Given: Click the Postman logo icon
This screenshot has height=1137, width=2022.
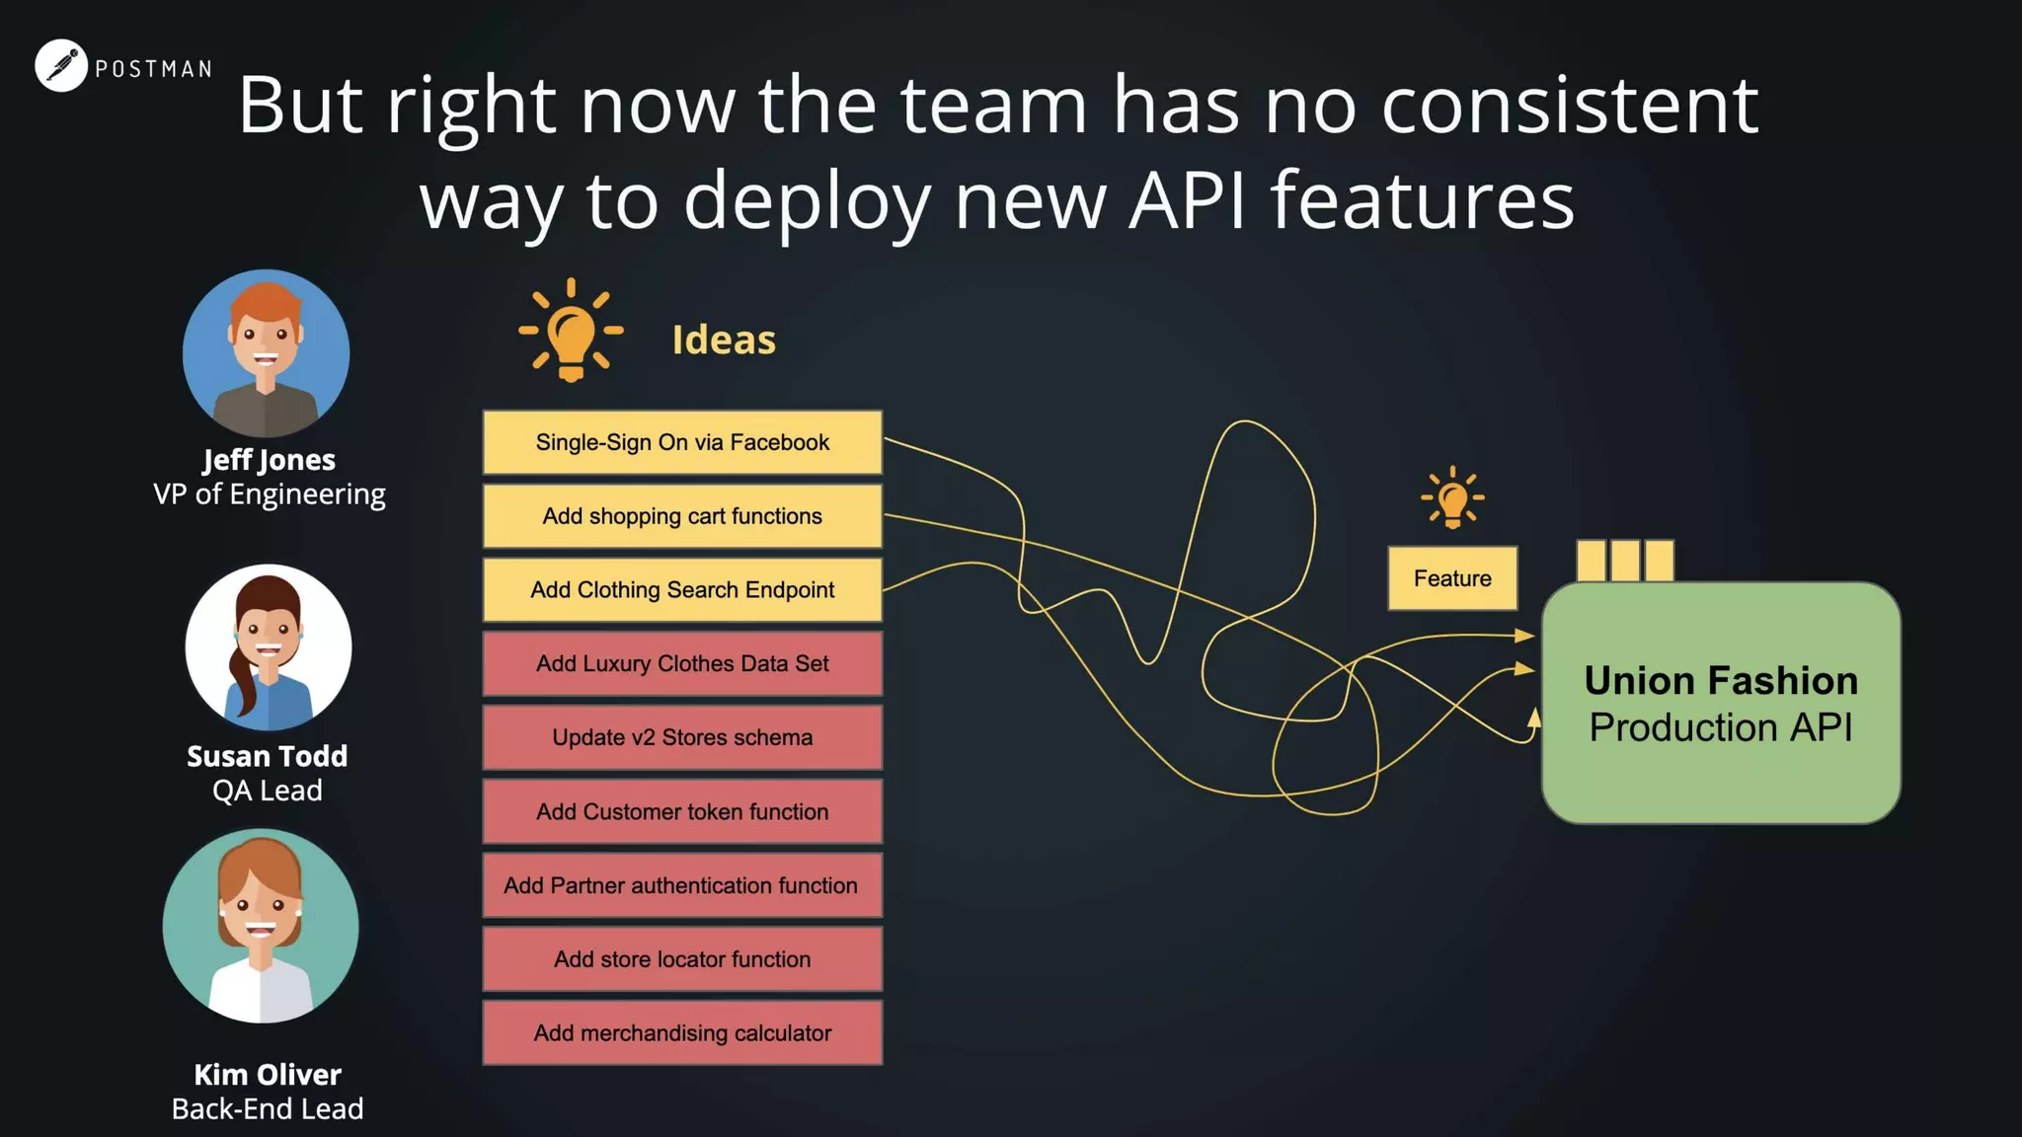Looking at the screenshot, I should point(61,66).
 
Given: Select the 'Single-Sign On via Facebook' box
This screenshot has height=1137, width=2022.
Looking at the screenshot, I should point(682,442).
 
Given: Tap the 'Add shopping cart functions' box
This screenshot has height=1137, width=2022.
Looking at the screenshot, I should point(682,516).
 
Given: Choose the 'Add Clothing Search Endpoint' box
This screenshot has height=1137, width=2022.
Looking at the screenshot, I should point(682,590).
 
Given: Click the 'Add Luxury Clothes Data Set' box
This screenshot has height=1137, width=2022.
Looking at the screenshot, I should point(682,664).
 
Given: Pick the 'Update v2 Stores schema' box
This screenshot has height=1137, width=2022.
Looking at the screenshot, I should point(682,737).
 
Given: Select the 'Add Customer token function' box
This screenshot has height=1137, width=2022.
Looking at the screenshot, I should point(682,811).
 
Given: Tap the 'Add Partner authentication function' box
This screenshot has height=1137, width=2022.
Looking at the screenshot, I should point(682,885).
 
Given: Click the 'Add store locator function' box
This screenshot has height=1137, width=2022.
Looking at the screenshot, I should point(682,959).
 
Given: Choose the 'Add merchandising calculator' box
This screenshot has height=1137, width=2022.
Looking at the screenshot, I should point(682,1033).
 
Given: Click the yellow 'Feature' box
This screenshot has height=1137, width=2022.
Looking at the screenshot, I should point(1452,578).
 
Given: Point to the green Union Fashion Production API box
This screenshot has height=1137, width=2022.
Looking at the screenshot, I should point(1721,703).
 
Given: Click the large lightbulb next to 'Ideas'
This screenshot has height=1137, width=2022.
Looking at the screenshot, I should point(571,332).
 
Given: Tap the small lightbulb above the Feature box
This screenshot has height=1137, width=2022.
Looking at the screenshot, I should point(1452,498).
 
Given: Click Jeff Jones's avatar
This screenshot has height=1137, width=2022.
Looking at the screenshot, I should point(267,353).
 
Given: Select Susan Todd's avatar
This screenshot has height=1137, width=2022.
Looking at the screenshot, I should point(268,647).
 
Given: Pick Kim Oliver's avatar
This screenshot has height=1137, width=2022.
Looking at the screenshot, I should point(261,926).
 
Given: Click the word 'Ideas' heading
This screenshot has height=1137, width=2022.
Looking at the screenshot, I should point(724,340).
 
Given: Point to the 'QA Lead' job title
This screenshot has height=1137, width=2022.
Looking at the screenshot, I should point(268,791).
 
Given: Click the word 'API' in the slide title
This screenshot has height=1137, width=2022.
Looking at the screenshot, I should point(1187,200).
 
